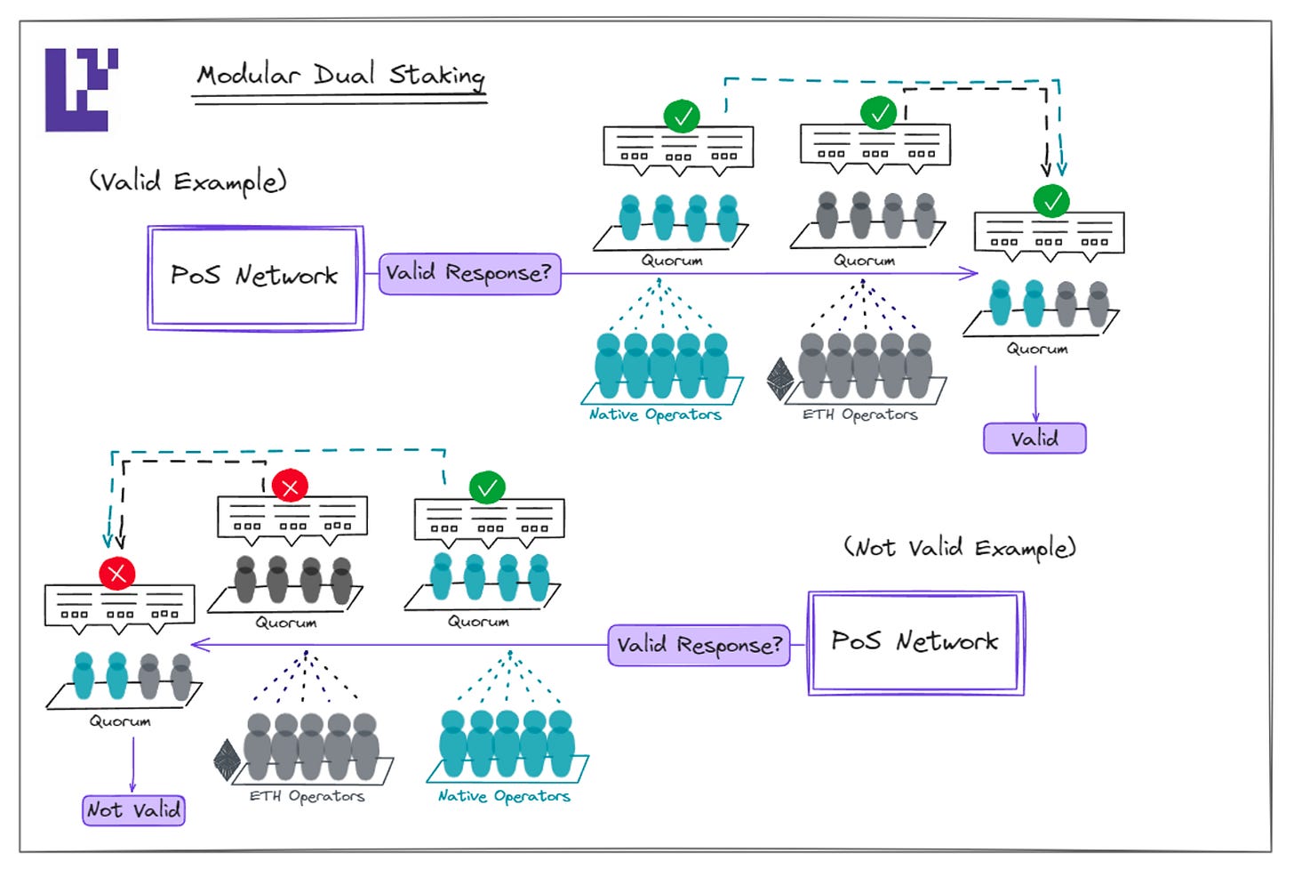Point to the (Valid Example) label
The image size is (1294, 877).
coord(188,181)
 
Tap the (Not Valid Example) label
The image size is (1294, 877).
coord(960,548)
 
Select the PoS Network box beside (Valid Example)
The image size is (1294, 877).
coord(255,278)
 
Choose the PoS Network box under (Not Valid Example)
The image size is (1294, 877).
coord(915,643)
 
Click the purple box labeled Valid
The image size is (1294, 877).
coord(1034,438)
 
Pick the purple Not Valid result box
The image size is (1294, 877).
coord(133,810)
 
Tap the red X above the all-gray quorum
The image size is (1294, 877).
coord(290,487)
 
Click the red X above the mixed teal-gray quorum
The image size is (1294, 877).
coord(117,574)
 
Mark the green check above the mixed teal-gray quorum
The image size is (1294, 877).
coord(1051,201)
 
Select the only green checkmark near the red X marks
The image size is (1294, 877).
coord(487,488)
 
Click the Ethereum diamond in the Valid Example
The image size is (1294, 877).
coord(780,379)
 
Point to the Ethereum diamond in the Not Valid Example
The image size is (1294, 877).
coord(227,760)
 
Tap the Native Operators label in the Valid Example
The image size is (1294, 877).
coord(655,414)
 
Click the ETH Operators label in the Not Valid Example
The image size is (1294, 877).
coord(307,796)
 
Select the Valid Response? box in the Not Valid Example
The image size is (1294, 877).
coord(699,645)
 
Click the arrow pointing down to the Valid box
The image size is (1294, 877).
coord(1035,394)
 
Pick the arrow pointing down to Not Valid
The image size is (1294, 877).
coord(133,765)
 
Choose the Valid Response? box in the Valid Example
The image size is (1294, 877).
coord(469,274)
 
